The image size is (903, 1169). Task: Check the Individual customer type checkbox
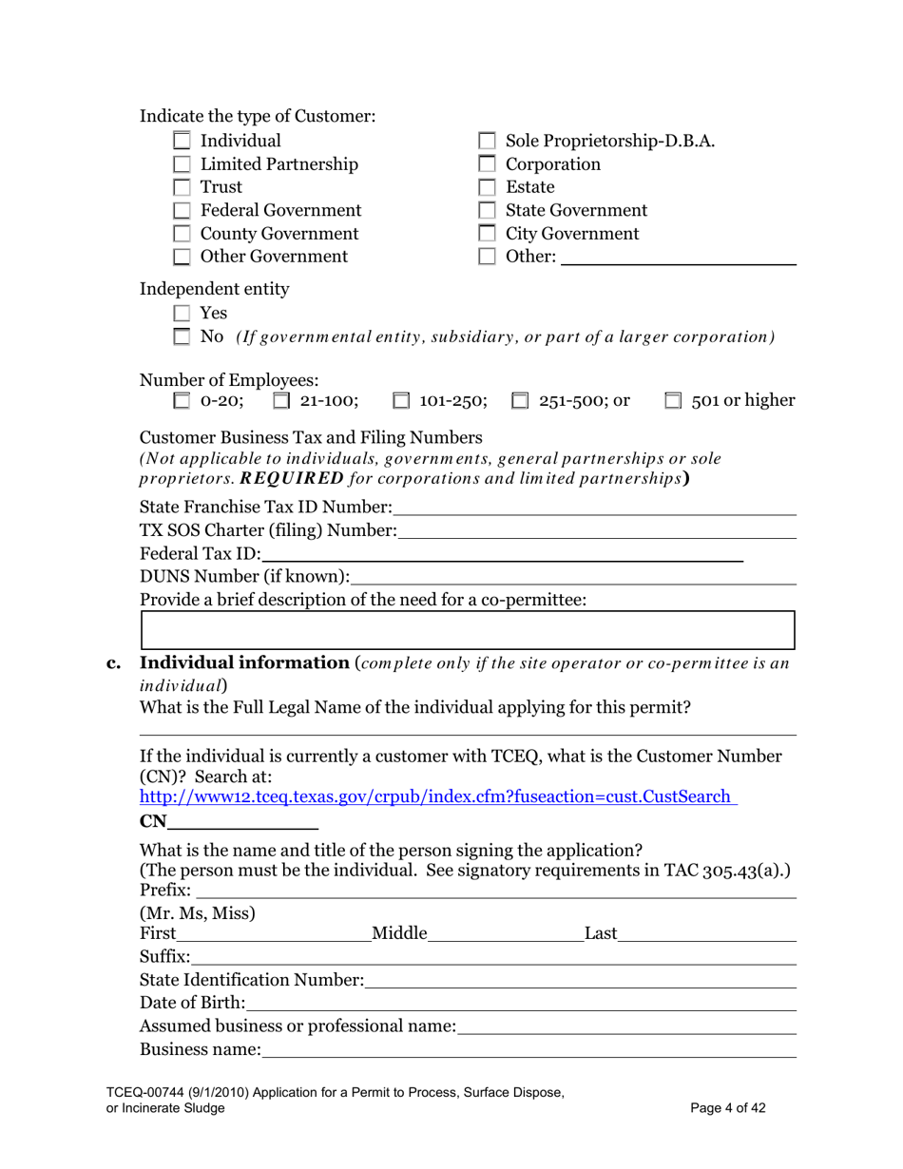pos(183,142)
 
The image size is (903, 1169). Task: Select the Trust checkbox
pos(183,187)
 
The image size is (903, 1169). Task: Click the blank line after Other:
pos(679,258)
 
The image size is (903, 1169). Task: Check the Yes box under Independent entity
pos(183,313)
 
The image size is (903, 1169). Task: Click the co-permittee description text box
pos(467,630)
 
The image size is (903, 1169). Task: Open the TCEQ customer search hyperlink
pos(438,797)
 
